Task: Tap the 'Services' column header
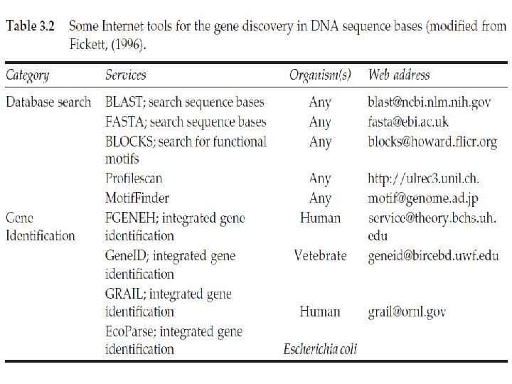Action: pyautogui.click(x=126, y=75)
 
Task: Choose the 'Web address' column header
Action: pyautogui.click(x=399, y=75)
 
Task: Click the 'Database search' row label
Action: pyautogui.click(x=48, y=102)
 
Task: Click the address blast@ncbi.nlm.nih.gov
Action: pyautogui.click(x=430, y=102)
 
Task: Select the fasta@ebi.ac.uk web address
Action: pyautogui.click(x=409, y=122)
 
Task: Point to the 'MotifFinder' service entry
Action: pyautogui.click(x=137, y=198)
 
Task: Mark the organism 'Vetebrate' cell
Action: pyautogui.click(x=320, y=255)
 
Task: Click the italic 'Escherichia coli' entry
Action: pyautogui.click(x=320, y=348)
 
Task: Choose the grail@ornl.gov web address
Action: pyautogui.click(x=407, y=311)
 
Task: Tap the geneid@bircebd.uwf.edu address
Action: pyautogui.click(x=433, y=256)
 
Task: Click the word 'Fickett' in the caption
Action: pyautogui.click(x=91, y=45)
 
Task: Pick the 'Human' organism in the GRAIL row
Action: pyautogui.click(x=320, y=311)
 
